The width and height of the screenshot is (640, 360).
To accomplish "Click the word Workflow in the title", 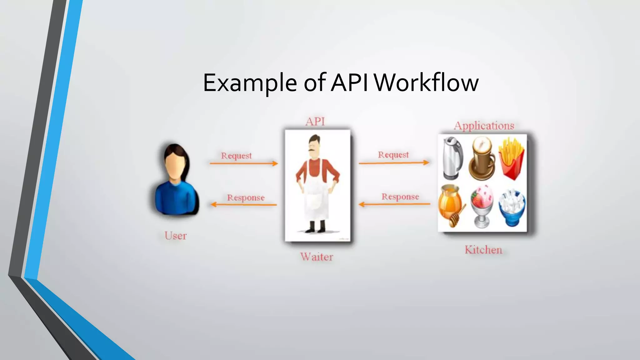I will point(426,83).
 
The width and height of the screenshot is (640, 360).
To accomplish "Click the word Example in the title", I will point(250,83).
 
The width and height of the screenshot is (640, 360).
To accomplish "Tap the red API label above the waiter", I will point(315,122).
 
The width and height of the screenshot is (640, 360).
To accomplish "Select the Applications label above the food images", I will point(484,126).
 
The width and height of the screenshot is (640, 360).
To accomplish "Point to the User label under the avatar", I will point(176,236).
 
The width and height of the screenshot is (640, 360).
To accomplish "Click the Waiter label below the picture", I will point(317,257).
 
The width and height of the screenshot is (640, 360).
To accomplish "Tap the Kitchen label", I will point(483,250).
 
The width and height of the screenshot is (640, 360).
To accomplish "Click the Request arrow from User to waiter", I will point(244,163).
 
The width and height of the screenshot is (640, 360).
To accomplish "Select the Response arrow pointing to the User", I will point(244,205).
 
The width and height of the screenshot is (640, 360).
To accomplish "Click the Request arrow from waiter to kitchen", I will point(394,163).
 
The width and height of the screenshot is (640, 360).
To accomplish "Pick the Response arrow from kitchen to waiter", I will point(394,204).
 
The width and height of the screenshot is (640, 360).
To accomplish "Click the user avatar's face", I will point(175,166).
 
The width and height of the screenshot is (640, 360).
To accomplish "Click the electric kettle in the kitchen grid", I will point(452,158).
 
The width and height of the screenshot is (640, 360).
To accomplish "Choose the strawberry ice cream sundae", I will point(482,204).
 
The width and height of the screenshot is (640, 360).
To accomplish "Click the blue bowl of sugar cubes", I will point(511,206).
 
